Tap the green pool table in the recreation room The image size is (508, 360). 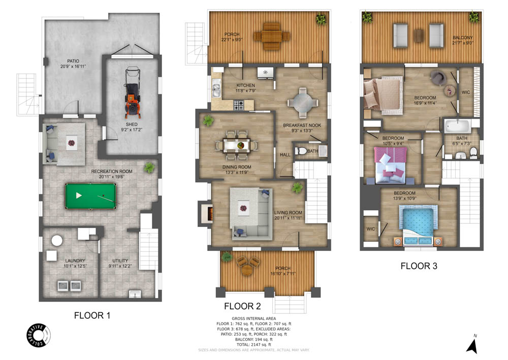90,195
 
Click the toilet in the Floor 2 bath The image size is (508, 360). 302,151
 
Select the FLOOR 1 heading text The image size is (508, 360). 92,315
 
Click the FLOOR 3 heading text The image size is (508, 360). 419,266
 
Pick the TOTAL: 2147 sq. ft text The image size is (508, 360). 253,345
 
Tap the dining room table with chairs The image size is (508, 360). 237,145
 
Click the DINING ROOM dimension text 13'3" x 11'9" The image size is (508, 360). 237,173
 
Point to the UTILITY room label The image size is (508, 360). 118,260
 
